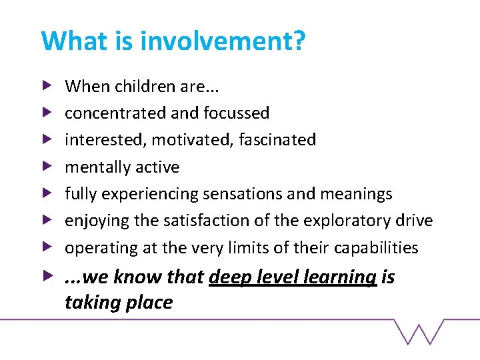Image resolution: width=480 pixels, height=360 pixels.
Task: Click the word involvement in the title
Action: coord(224,41)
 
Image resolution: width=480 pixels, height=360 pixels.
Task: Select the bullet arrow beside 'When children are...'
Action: coord(46,86)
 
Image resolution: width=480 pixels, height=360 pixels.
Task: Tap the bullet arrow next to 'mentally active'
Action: coord(46,167)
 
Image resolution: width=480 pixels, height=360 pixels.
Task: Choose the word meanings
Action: coord(356,194)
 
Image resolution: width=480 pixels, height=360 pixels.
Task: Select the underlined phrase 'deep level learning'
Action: coord(293,277)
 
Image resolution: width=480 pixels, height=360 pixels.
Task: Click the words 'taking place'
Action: coord(118,303)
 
